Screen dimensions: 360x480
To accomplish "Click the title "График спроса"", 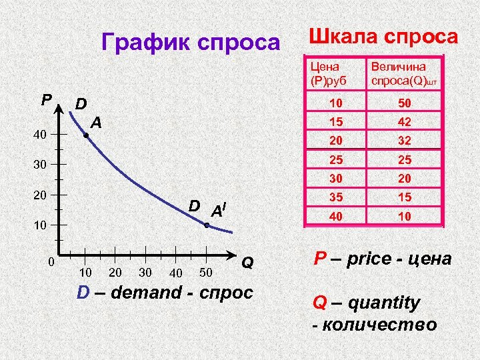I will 191,43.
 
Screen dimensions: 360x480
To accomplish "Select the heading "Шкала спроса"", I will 382,36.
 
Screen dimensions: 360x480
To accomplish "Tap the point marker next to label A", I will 86,136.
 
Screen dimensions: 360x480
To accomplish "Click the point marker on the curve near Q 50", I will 207,227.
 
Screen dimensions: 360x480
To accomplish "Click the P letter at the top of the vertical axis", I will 45,101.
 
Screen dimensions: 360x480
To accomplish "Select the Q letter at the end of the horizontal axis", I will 247,263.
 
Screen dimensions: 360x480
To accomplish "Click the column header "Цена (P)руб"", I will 325,74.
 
